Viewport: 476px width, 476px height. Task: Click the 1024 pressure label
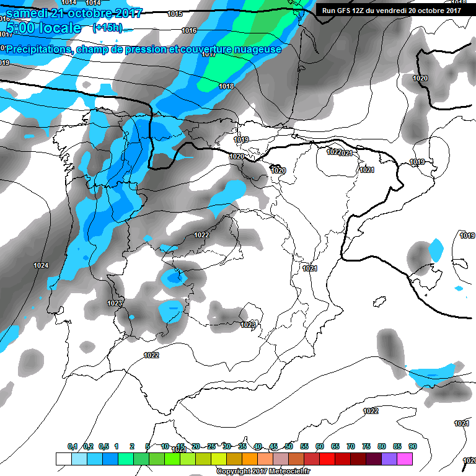[41, 265]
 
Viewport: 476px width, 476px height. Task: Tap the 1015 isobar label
[175, 14]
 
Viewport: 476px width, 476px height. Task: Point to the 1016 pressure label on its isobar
[189, 30]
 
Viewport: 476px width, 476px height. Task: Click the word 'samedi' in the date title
[27, 13]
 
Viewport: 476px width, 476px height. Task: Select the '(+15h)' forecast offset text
[108, 28]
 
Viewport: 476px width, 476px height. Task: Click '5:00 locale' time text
[43, 28]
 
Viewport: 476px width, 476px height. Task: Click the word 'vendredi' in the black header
[395, 10]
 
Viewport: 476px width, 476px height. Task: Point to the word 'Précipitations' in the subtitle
[38, 49]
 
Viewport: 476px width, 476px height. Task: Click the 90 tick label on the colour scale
[412, 446]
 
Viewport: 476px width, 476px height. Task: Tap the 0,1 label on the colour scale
[73, 446]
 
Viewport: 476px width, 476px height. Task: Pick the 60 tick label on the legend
[320, 446]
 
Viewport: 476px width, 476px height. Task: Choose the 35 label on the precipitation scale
[242, 446]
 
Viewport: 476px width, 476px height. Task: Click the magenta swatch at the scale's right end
[405, 459]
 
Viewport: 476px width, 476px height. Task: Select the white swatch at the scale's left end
[63, 459]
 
